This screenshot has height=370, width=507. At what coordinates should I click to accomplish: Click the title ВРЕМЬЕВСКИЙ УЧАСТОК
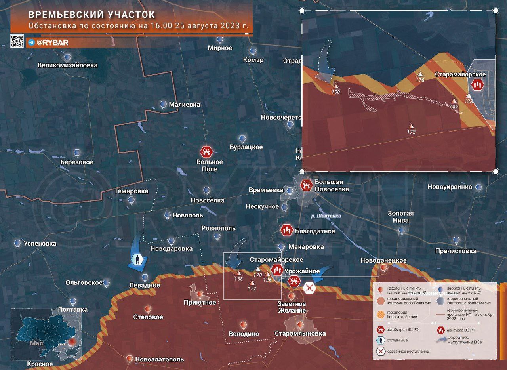pos(92,15)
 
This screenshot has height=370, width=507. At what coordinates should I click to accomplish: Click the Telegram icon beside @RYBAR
pos(31,42)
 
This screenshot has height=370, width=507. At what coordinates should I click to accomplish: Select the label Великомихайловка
pos(67,65)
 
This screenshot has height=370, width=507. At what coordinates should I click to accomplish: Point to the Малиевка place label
pos(184,105)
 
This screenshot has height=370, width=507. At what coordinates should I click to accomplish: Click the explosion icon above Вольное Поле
pos(206,151)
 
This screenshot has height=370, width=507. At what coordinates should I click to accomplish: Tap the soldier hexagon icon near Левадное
pos(137,260)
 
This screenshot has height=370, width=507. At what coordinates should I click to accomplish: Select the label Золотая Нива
pos(400,217)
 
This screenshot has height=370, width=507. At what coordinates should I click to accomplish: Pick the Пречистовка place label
pos(456,251)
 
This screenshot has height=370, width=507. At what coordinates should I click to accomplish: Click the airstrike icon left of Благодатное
pos(287,230)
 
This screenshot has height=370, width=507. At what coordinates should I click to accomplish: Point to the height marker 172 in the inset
pos(411,132)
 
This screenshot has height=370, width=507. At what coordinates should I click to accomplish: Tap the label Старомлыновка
pos(300,333)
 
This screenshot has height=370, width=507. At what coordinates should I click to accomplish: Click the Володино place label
pos(244,334)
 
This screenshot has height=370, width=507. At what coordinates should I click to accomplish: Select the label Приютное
pos(200,303)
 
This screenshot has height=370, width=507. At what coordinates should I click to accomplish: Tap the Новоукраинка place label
pos(450,187)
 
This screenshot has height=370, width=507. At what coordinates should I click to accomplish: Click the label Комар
pos(254,60)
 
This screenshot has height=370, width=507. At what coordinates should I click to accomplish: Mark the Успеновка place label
pos(40,243)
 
